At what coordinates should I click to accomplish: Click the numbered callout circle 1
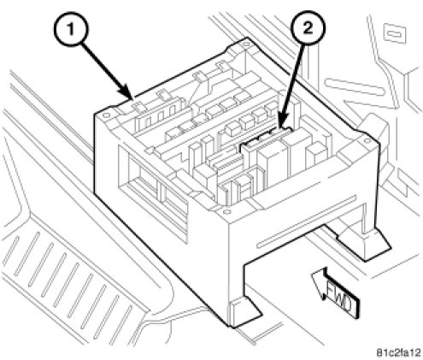pyautogui.click(x=71, y=29)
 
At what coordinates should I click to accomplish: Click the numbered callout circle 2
pyautogui.click(x=308, y=28)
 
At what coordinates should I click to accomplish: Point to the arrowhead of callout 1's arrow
pyautogui.click(x=127, y=93)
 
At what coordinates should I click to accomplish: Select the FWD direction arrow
pyautogui.click(x=335, y=292)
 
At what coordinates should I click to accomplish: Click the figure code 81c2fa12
pyautogui.click(x=398, y=352)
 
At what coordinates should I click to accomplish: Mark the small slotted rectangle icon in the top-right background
pyautogui.click(x=395, y=34)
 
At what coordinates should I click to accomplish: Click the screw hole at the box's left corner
pyautogui.click(x=106, y=115)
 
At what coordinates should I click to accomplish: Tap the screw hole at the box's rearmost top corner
pyautogui.click(x=245, y=44)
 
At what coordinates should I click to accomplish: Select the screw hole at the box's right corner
pyautogui.click(x=366, y=140)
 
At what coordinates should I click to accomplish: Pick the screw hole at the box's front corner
pyautogui.click(x=227, y=211)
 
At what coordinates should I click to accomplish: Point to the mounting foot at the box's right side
pyautogui.click(x=365, y=242)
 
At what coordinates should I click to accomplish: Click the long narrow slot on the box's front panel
pyautogui.click(x=307, y=221)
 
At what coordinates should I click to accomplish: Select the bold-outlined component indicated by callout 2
pyautogui.click(x=267, y=139)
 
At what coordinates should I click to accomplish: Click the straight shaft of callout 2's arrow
pyautogui.click(x=293, y=82)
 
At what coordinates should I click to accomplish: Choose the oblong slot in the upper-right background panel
pyautogui.click(x=355, y=86)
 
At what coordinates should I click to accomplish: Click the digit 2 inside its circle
pyautogui.click(x=308, y=28)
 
